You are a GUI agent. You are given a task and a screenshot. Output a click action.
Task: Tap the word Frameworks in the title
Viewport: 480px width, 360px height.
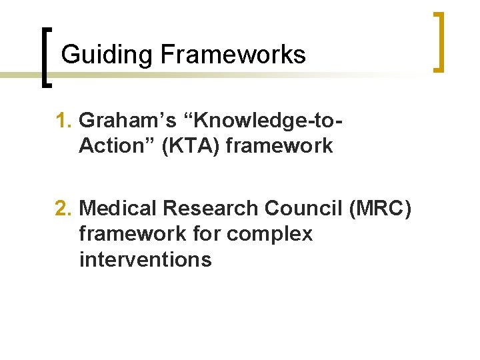coord(233,54)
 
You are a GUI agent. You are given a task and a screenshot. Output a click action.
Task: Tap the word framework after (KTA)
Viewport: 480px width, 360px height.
coord(279,145)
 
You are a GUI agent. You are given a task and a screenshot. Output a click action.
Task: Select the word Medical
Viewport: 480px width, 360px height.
coord(119,209)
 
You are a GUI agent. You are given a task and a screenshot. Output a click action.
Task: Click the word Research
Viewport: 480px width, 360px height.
coord(211,209)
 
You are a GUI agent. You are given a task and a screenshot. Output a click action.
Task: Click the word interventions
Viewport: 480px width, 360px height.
coord(145,259)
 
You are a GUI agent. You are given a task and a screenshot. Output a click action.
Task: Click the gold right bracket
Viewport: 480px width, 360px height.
coord(439,41)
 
